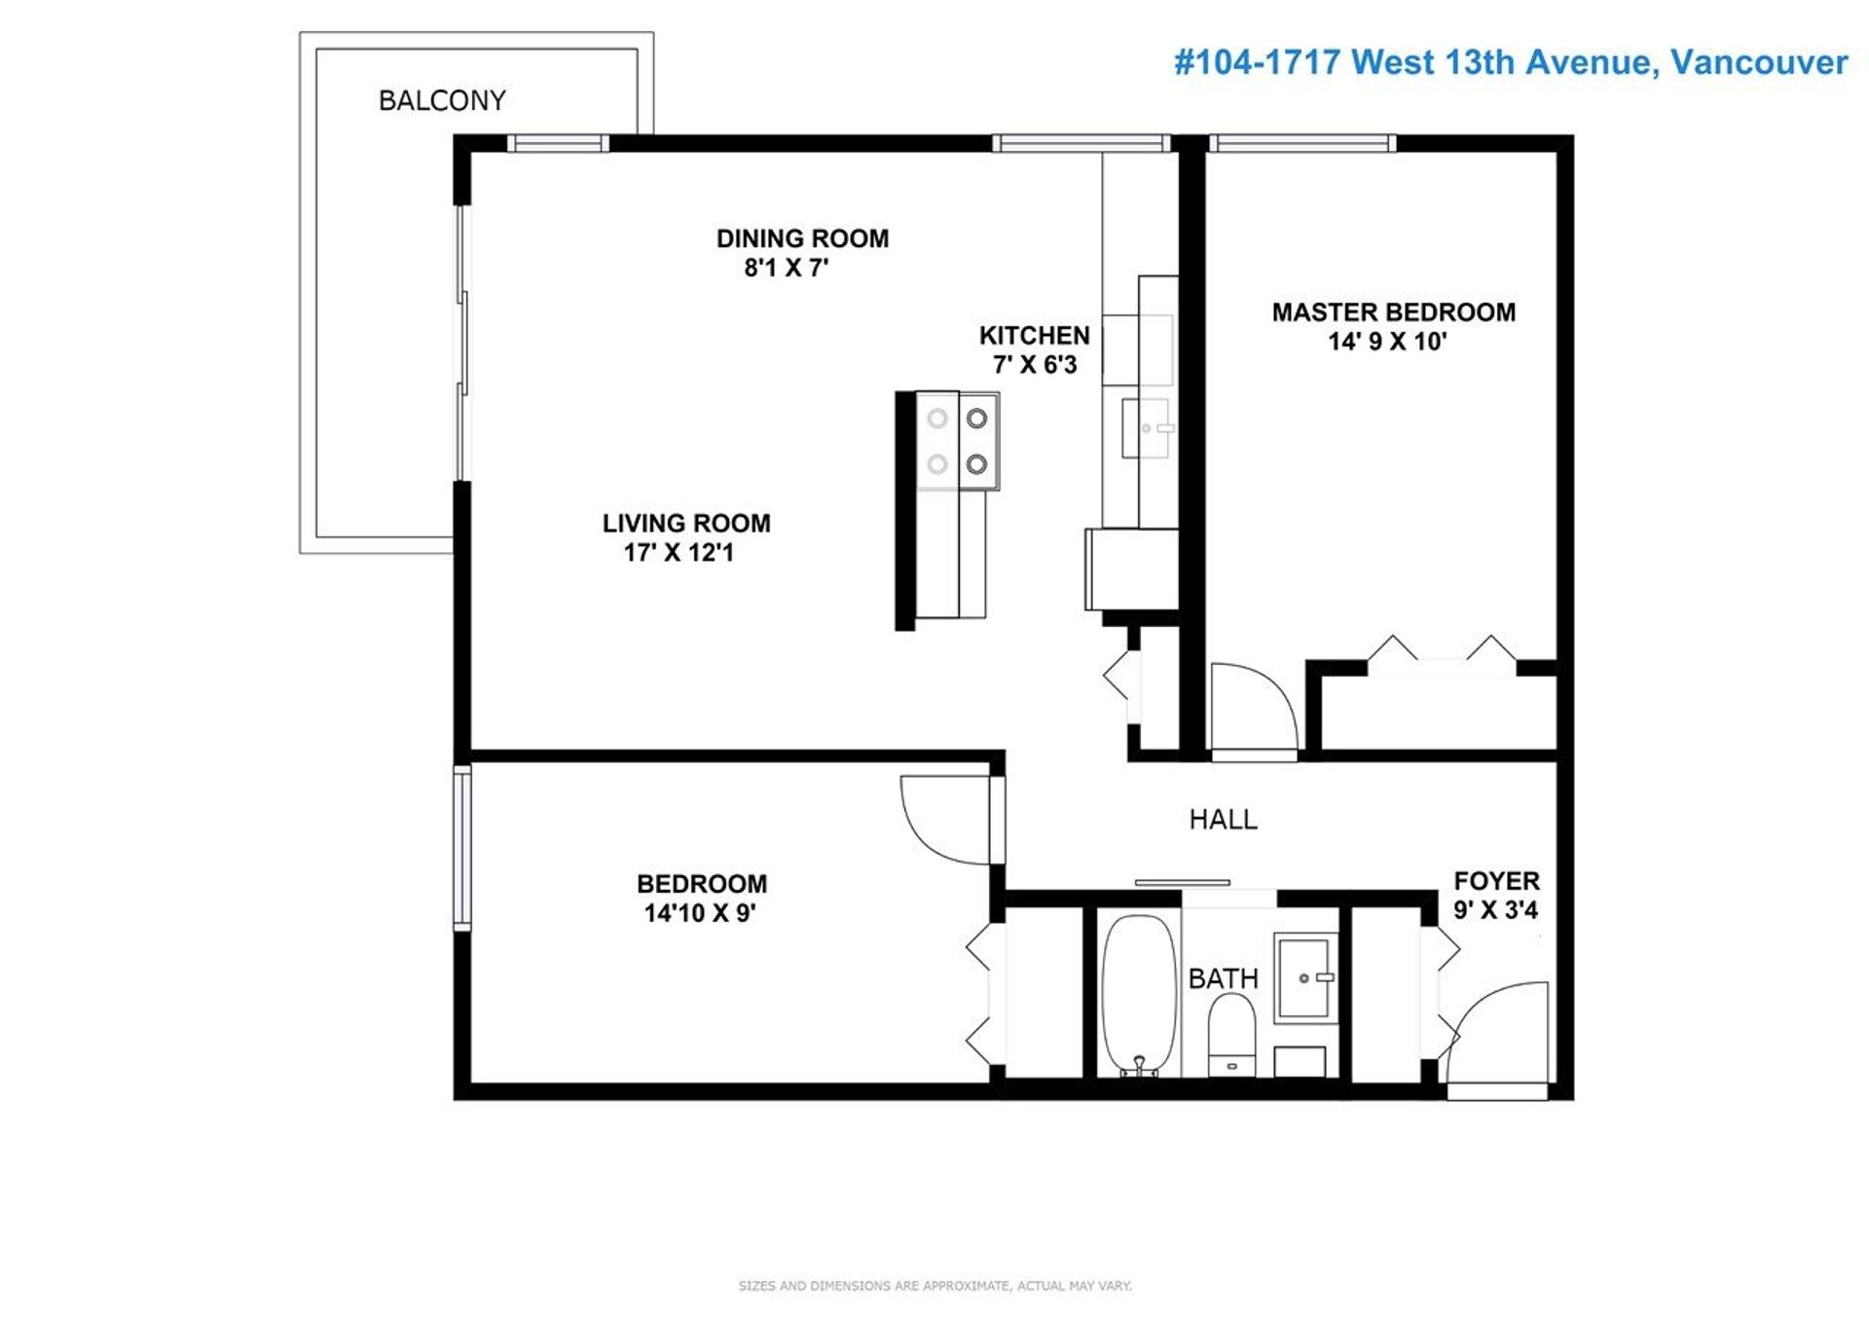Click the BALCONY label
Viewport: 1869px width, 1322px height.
pos(442,100)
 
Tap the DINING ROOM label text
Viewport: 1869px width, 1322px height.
pos(802,239)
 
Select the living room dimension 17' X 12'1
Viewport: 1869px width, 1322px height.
pos(678,553)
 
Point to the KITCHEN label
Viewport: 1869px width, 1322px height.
pos(1034,336)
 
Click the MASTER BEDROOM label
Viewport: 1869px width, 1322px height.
pos(1393,312)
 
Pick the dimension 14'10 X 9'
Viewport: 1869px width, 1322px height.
pos(700,913)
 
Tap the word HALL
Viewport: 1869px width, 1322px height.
pos(1224,820)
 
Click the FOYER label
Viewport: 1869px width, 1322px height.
pos(1496,881)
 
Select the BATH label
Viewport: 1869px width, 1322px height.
pos(1223,978)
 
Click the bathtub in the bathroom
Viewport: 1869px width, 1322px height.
pos(1138,995)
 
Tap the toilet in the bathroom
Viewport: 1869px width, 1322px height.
pos(1231,1034)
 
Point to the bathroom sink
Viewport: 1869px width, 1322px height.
pos(1306,976)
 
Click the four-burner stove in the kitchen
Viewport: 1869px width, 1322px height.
pos(958,441)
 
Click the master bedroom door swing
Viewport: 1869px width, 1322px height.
pos(1253,708)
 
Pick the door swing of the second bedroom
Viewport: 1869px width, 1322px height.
pos(946,819)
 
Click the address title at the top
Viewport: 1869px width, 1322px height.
pos(1510,62)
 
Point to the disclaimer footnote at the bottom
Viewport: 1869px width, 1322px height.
pos(934,1286)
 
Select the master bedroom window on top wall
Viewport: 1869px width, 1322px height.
pos(1302,143)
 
